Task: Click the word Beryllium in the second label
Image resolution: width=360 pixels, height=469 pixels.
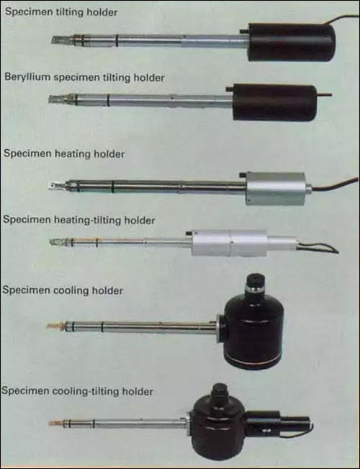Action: [27, 77]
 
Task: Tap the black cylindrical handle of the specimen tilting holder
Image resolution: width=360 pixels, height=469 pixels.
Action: [292, 43]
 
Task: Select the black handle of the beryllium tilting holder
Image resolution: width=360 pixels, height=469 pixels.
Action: [274, 102]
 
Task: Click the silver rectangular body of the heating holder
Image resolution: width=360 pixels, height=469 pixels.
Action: [276, 189]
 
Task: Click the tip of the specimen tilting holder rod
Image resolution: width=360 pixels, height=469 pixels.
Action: [51, 40]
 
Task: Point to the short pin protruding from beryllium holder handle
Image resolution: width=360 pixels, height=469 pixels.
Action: [324, 95]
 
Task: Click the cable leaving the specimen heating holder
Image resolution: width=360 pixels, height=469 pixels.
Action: [334, 185]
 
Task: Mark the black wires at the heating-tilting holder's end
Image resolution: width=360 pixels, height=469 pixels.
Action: [318, 248]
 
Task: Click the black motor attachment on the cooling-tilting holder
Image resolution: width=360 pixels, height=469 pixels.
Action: [279, 423]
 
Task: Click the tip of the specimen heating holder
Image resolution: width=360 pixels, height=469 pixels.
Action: [50, 186]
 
